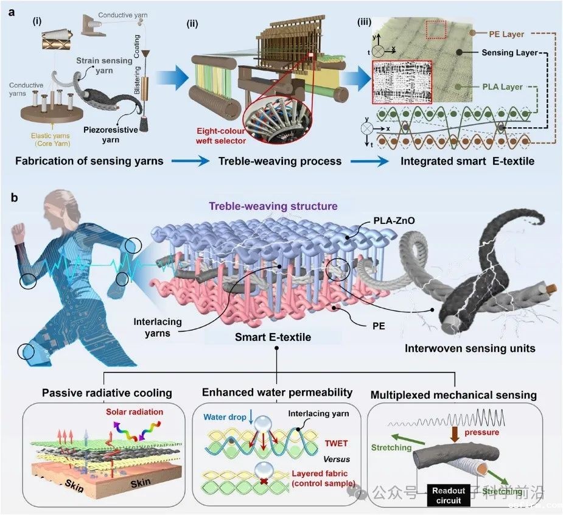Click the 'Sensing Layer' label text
point(509,53)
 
